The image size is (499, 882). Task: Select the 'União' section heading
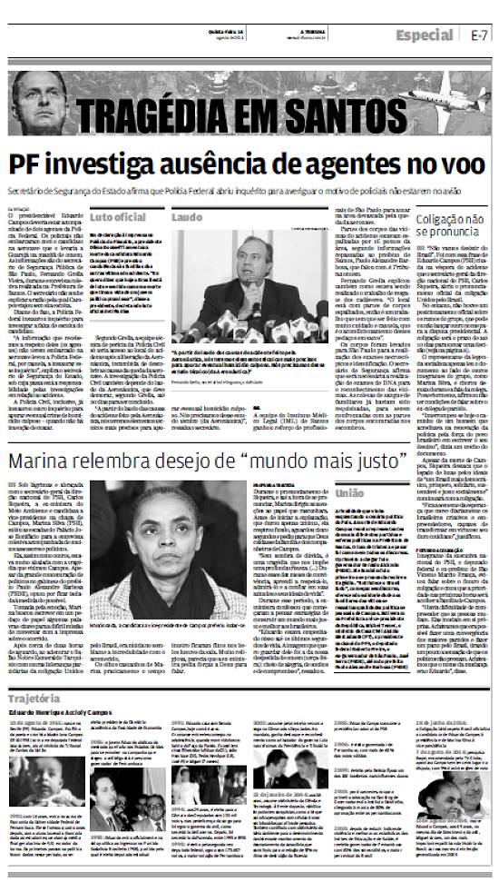point(351,493)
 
